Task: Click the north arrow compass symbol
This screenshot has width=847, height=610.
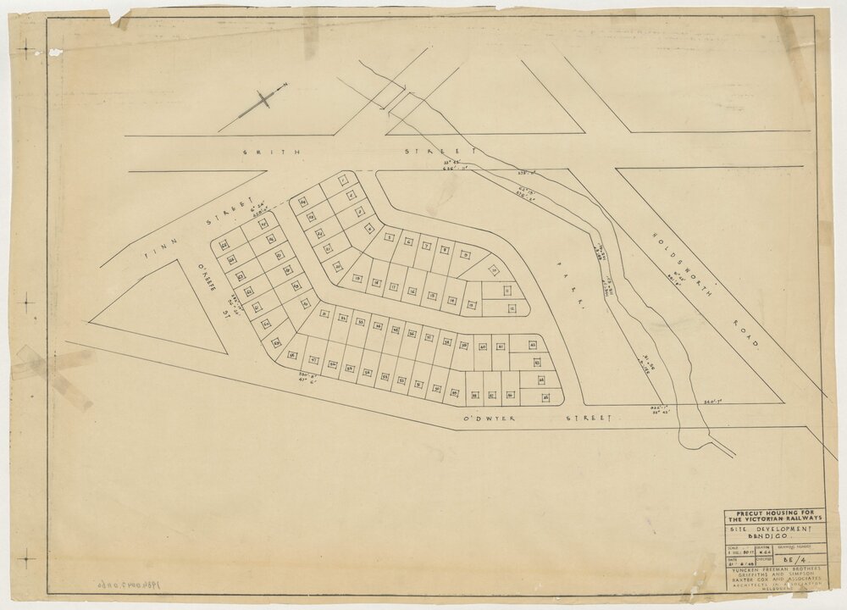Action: point(263,100)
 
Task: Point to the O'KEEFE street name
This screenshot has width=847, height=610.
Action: point(208,281)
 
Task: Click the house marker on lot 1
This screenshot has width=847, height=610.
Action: point(342,180)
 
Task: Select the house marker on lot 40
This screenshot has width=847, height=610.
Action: point(483,347)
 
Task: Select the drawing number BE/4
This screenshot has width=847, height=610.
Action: point(793,560)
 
